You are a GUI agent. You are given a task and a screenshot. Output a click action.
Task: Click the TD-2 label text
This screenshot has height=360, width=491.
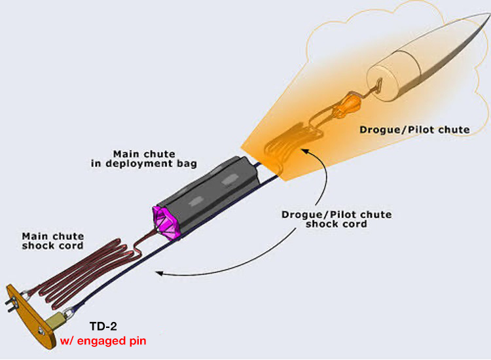pos(103,327)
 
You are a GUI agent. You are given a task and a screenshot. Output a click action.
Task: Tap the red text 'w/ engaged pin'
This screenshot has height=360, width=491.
pos(103,340)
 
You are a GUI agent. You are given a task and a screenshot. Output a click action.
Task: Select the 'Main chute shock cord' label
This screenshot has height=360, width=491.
pos(53,241)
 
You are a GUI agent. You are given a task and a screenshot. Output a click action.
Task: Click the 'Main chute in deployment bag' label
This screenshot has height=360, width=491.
pos(144,158)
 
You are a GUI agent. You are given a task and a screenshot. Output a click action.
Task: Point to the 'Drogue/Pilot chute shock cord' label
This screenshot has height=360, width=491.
pos(336,219)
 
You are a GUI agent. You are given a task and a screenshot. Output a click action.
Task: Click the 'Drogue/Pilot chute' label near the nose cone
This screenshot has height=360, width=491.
pos(414,130)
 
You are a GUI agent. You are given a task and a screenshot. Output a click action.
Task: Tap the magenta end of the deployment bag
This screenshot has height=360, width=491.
pos(165,223)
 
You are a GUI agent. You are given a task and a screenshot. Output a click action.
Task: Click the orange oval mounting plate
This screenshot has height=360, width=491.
pos(29,317)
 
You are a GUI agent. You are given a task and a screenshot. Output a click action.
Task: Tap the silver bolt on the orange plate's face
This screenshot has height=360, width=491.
pos(41,331)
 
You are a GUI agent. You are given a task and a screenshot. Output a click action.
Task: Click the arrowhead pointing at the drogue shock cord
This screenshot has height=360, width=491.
pos(305,152)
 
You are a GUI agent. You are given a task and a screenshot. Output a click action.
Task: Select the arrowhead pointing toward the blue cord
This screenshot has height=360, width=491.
pos(159,274)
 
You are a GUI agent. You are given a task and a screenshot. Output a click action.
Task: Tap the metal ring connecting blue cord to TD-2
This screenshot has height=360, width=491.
pos(67,313)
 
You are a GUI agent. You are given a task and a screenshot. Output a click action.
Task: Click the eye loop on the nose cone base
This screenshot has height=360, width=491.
pos(378,84)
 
